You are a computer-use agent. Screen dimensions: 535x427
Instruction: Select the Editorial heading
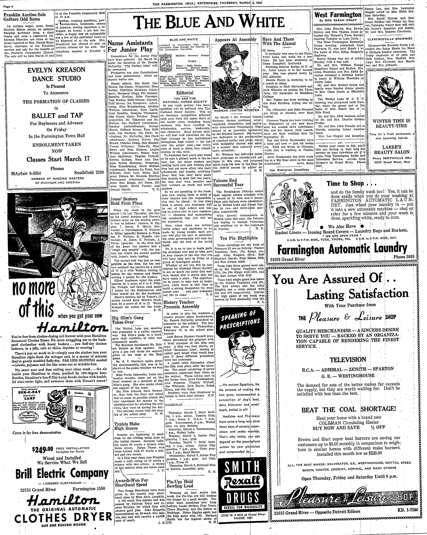point(185,93)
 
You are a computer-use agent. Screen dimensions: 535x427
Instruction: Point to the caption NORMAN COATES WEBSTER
point(237,110)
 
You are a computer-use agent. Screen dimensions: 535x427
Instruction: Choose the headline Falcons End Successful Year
point(229,183)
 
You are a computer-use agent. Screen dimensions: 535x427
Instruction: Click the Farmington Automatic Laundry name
point(342,250)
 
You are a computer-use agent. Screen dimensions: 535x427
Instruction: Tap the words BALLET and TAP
point(58,116)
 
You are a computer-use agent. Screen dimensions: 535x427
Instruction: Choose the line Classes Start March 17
point(58,159)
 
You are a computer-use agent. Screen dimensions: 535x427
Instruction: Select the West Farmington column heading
point(338,15)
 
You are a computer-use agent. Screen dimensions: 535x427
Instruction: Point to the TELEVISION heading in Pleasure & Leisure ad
point(348,359)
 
